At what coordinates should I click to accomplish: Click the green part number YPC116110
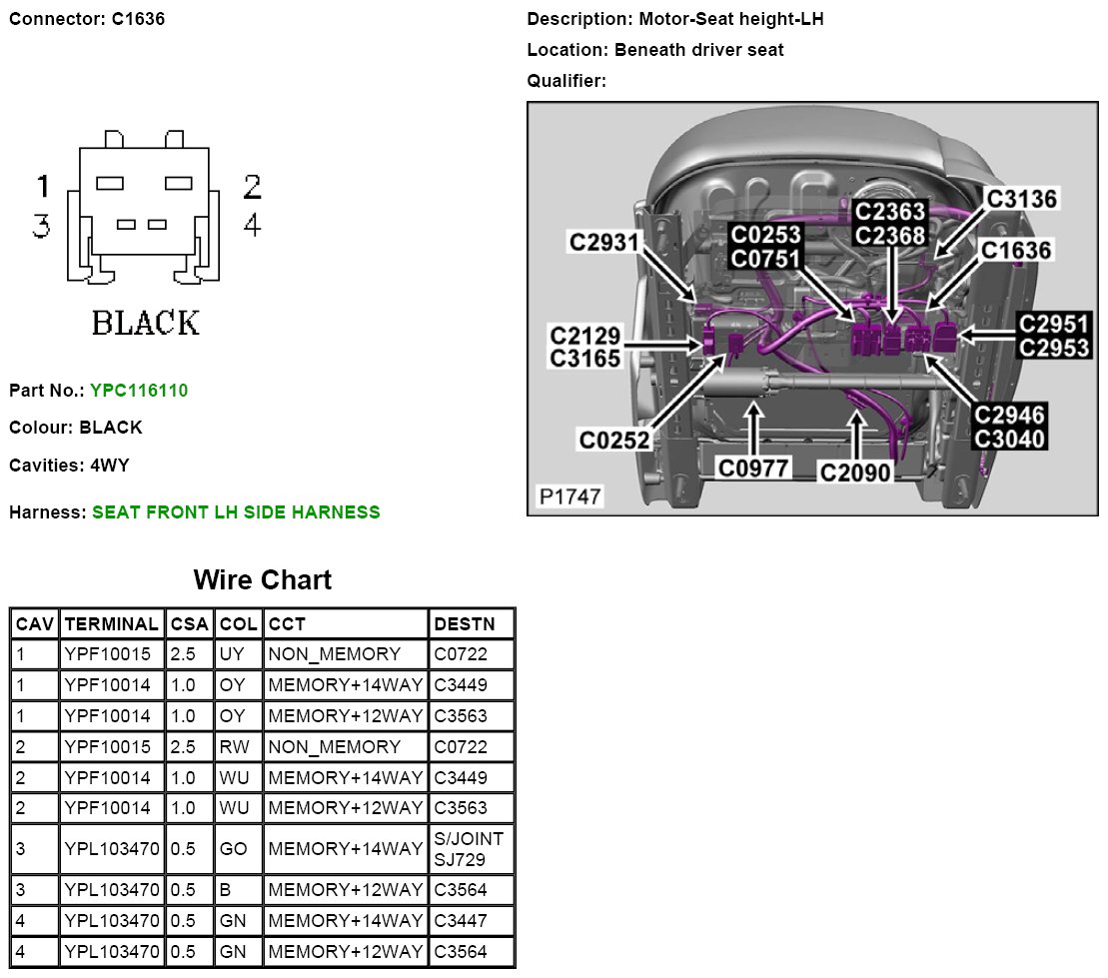[x=138, y=391]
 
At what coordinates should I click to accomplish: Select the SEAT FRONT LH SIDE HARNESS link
[x=236, y=512]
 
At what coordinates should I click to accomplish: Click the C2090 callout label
[x=855, y=473]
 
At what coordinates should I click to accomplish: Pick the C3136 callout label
[x=1021, y=199]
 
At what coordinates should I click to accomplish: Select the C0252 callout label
[x=615, y=439]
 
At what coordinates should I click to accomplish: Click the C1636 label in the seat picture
[x=1016, y=250]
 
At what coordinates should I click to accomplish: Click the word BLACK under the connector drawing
[x=146, y=323]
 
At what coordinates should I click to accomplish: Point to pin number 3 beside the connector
[x=41, y=226]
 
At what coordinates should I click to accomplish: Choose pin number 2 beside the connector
[x=252, y=186]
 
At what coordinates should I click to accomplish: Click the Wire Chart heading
[x=262, y=579]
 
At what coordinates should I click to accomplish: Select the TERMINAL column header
[x=111, y=624]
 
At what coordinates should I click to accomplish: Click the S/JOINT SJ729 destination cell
[x=470, y=849]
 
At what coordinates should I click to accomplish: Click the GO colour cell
[x=234, y=849]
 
